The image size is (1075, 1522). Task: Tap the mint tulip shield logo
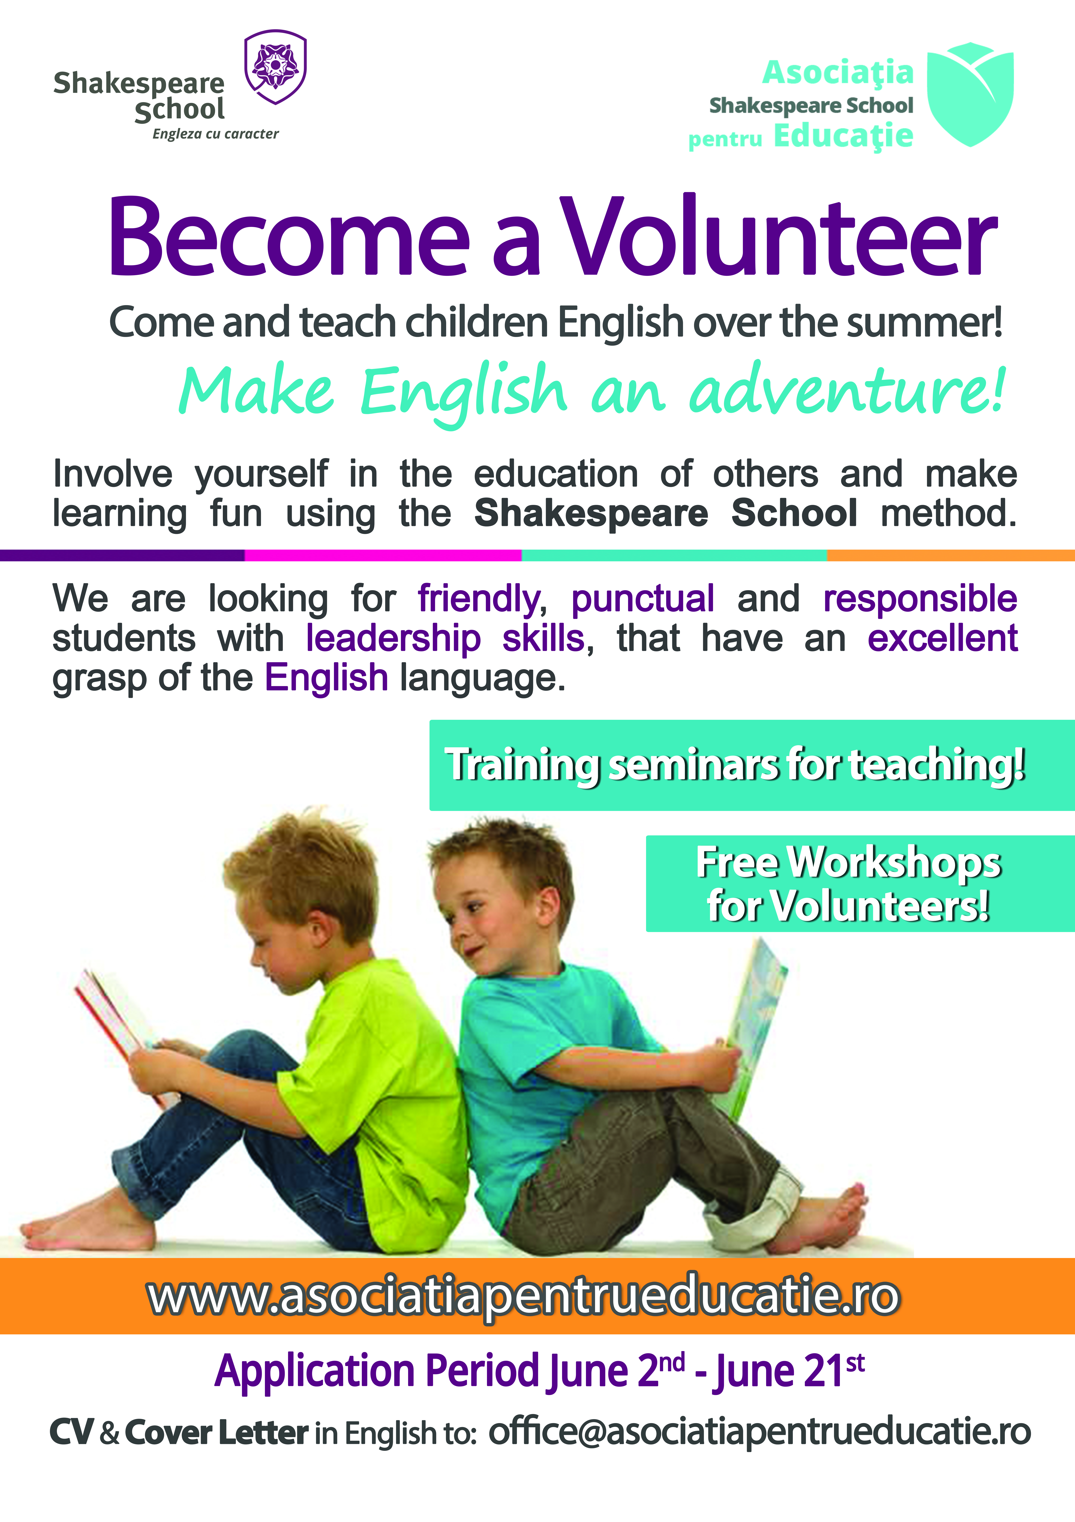[x=970, y=94]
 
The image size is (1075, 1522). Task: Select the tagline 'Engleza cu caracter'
[x=216, y=134]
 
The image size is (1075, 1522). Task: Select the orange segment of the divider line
[x=950, y=555]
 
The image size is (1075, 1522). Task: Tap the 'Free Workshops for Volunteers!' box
[x=860, y=884]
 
